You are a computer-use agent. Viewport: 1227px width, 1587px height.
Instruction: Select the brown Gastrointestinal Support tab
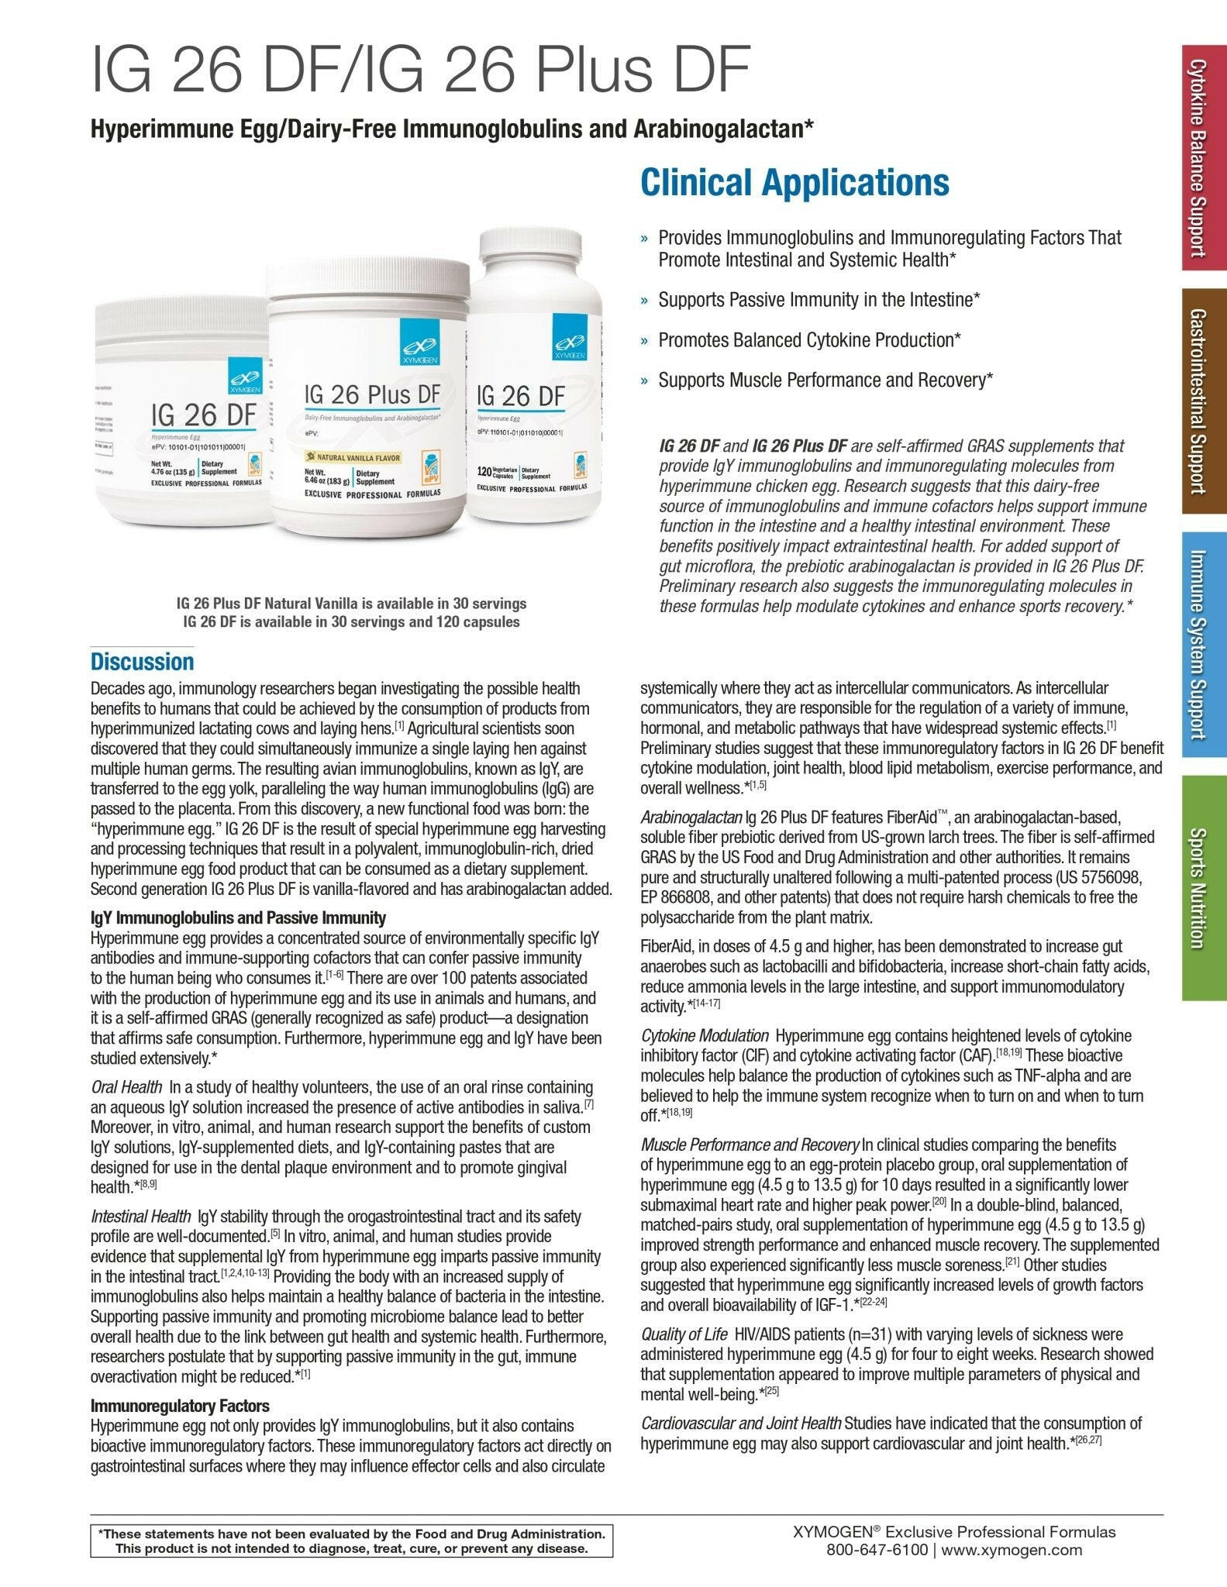pos(1204,401)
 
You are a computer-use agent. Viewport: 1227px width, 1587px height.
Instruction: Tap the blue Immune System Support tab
pos(1204,644)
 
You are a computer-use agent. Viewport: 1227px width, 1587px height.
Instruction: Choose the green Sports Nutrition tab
pos(1204,887)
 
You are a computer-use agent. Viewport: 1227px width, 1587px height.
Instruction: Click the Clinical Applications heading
pos(794,183)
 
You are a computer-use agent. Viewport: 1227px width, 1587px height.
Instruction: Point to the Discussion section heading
pos(142,662)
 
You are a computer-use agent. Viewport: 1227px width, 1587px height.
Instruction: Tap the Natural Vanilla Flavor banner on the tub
pos(356,457)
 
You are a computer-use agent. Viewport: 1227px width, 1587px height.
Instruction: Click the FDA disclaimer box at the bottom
pos(351,1541)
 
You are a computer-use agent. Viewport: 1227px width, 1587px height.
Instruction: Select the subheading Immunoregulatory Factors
pos(180,1406)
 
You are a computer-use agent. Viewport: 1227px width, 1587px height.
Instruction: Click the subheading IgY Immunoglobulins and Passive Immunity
pos(238,918)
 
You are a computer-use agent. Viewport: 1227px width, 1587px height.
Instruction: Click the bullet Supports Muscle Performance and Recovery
pos(825,380)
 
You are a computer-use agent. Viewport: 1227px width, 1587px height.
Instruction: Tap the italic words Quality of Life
pos(684,1334)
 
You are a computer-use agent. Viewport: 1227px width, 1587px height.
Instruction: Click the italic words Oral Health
pos(126,1087)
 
